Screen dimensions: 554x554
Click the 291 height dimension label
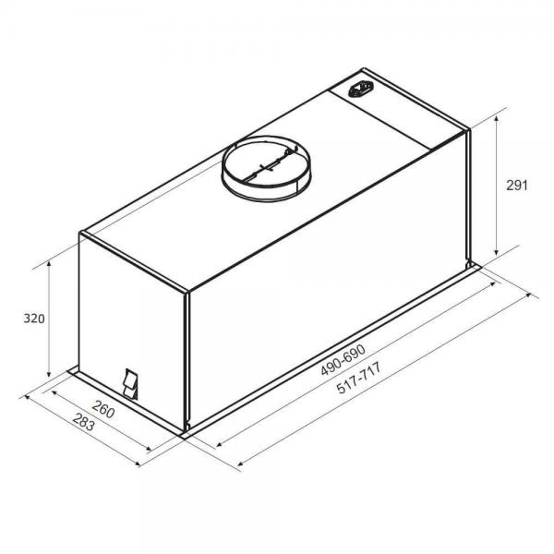516,186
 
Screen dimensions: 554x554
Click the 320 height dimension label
34,319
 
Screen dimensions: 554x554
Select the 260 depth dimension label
103,409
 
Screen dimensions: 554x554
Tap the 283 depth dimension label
84,422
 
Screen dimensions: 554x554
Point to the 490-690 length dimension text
343,360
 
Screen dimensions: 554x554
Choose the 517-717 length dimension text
359,378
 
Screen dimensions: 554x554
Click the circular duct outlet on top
266,169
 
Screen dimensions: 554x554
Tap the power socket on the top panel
361,89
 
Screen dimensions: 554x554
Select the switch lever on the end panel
130,384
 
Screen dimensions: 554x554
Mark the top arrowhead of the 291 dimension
497,119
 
